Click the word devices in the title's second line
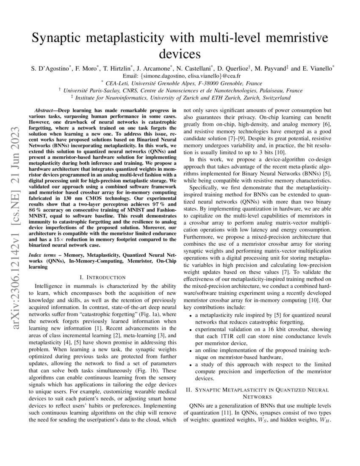[x=179, y=54]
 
